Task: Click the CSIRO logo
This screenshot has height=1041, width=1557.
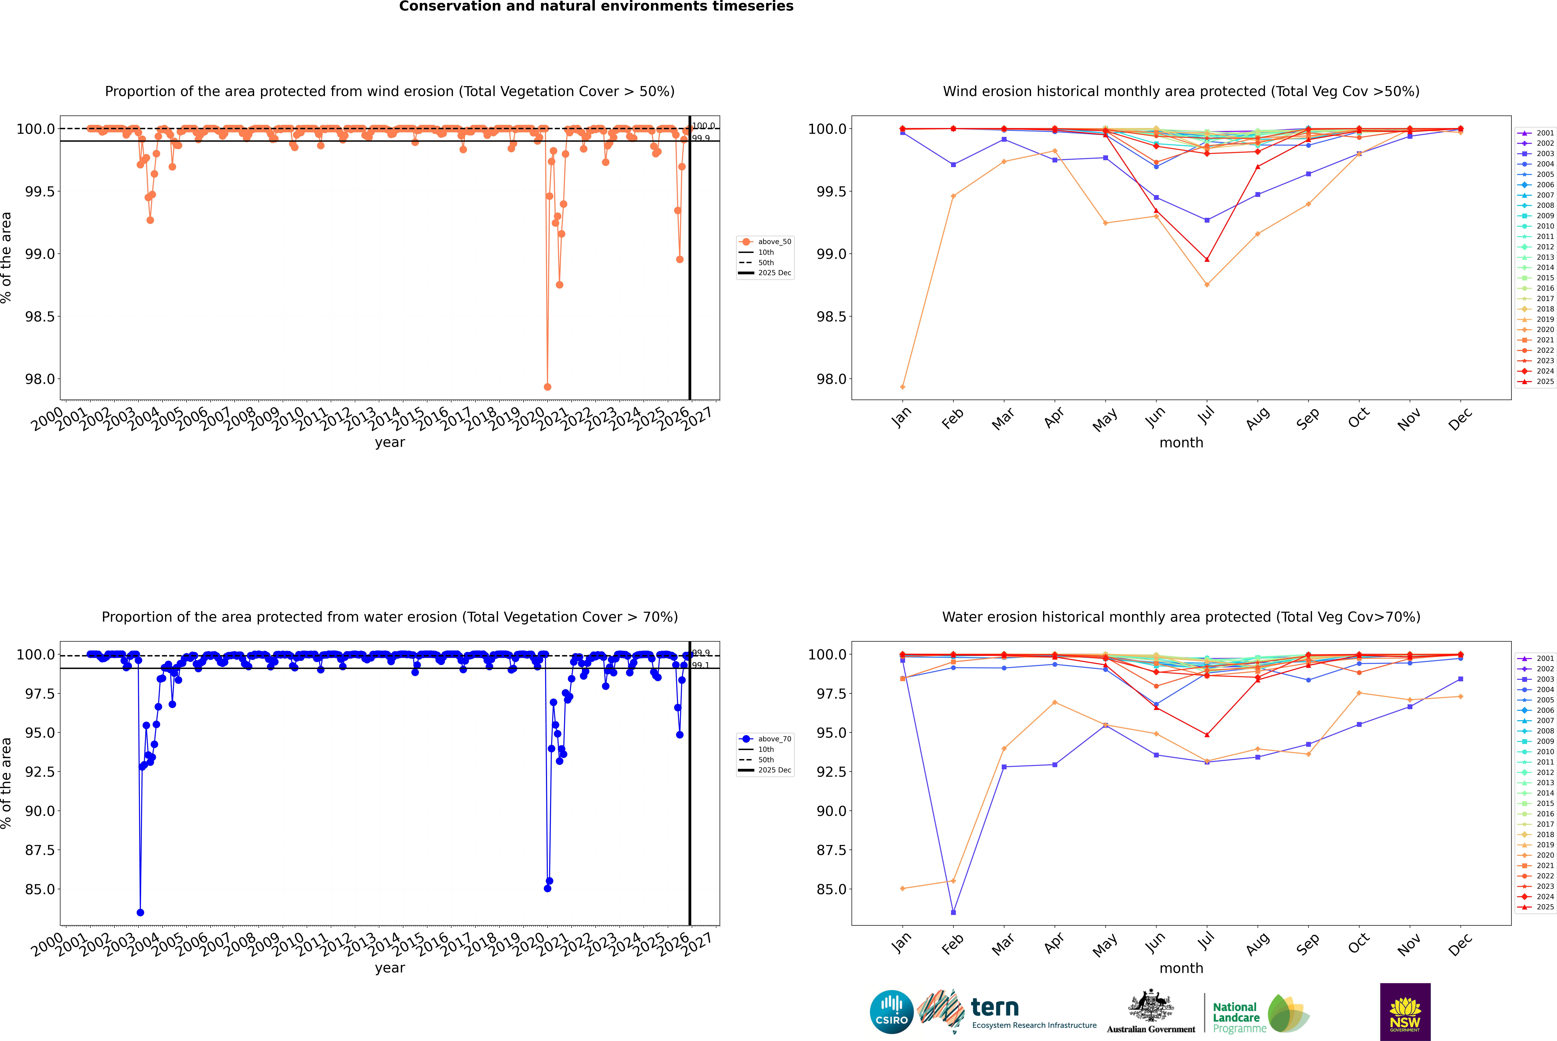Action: [891, 1012]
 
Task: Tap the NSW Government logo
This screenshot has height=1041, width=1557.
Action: [1405, 1012]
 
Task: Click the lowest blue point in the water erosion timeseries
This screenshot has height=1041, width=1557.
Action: [140, 912]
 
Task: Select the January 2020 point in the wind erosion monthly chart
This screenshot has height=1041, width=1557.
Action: [903, 387]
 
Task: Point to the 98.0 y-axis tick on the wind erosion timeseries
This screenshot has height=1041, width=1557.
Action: [40, 379]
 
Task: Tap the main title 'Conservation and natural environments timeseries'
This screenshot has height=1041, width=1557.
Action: [596, 7]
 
